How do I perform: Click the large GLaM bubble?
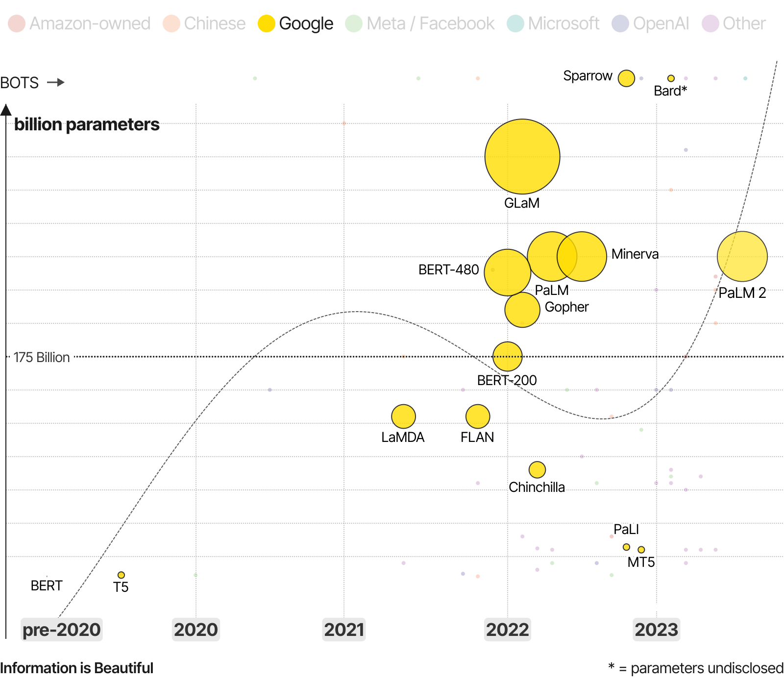[522, 156]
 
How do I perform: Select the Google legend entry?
[295, 24]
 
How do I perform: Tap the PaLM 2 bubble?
[742, 256]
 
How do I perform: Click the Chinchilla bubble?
[537, 469]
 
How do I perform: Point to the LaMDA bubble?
[403, 416]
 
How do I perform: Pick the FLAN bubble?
[478, 416]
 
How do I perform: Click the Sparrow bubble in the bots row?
[626, 78]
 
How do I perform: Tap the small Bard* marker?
[671, 78]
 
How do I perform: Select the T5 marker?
[121, 575]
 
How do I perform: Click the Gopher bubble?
[522, 310]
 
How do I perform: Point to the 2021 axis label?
[344, 630]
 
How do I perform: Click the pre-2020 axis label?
[62, 630]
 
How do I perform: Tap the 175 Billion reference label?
[42, 357]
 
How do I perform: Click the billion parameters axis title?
[87, 124]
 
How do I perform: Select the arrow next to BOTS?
[56, 82]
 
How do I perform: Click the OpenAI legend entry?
[650, 24]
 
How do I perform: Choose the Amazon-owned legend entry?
[79, 24]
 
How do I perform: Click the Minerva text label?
[635, 254]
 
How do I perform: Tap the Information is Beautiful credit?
[76, 668]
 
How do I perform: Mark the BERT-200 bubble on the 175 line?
[507, 356]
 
